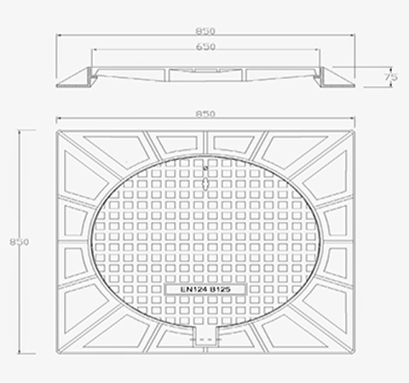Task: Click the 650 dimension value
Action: (206, 47)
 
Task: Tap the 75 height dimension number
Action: (391, 77)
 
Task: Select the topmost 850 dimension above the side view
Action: (205, 31)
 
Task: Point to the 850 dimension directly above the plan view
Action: (205, 114)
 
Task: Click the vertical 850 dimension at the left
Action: (19, 242)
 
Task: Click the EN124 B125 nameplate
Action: (205, 289)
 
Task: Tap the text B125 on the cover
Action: (221, 289)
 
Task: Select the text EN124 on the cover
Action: (192, 289)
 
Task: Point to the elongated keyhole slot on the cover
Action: (205, 184)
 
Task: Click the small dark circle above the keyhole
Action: (206, 169)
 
